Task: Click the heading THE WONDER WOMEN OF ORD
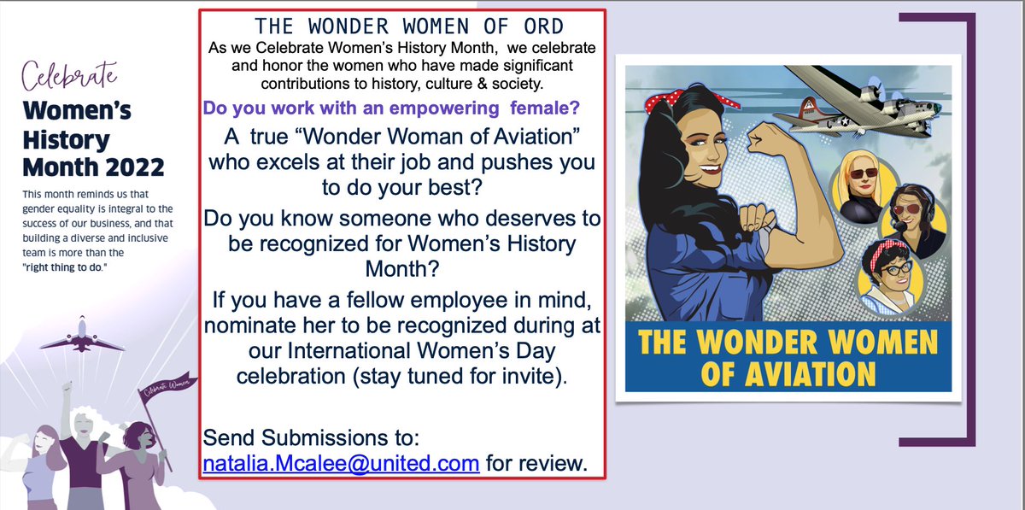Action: [x=402, y=26]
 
